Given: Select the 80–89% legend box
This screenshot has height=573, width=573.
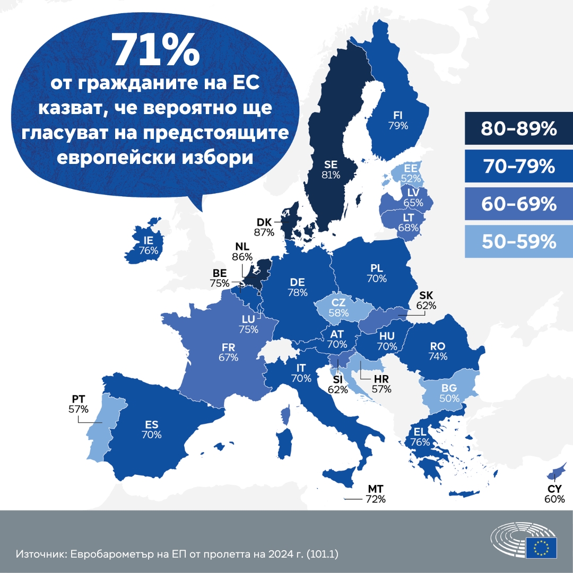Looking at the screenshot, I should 511,128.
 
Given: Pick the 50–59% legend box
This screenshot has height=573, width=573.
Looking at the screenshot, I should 511,241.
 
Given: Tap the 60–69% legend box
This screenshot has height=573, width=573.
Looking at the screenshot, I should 511,204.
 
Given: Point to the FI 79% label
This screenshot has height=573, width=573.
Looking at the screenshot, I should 398,120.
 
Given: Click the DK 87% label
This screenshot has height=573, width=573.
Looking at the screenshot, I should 264,227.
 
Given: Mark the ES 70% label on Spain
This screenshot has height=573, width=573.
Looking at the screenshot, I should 151,429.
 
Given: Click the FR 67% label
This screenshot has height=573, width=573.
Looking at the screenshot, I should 228,352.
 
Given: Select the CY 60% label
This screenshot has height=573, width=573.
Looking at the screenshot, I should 554,494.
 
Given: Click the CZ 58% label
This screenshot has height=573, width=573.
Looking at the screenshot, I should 339,308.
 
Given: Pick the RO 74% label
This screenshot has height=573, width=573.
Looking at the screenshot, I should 438,351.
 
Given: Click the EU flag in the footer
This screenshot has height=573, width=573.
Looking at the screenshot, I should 541,547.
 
